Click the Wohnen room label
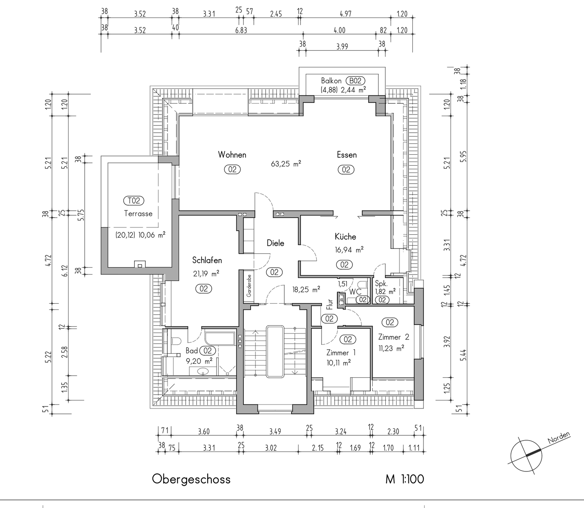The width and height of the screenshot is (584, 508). point(232,155)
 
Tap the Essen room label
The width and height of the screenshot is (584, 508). point(347,155)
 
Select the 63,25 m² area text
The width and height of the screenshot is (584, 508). point(286,164)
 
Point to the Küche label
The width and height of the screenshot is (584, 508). point(346,237)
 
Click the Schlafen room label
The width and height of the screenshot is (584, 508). point(207,260)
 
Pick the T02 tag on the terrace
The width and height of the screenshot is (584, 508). point(133,201)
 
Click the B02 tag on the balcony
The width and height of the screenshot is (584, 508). point(355,81)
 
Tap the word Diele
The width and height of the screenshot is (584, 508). point(275,243)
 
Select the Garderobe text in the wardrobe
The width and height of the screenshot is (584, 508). point(249,286)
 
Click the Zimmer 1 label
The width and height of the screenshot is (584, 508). point(341,352)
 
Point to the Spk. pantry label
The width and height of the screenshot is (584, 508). point(381,284)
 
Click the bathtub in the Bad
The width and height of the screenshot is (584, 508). point(220,338)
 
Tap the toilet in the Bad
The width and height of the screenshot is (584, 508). point(176,341)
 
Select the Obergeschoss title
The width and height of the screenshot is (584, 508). point(191,479)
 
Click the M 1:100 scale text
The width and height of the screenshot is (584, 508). point(405,479)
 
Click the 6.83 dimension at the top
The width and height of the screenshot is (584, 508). point(241,30)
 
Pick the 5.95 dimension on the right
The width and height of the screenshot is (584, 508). point(464,156)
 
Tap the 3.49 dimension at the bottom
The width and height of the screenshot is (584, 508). point(275,431)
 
